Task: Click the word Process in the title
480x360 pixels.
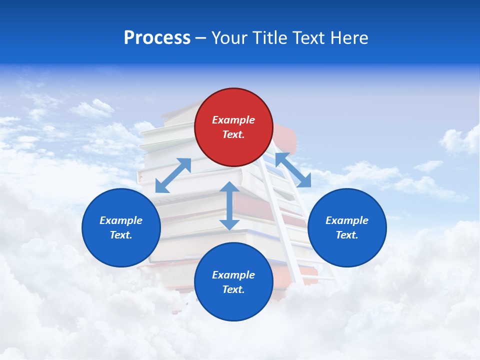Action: tap(157, 37)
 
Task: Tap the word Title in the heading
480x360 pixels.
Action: tap(268, 37)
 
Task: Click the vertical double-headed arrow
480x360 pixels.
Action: tap(229, 206)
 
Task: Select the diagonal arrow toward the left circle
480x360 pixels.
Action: tap(173, 175)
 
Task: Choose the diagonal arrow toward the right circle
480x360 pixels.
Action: tap(293, 170)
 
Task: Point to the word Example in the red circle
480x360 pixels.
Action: tap(233, 120)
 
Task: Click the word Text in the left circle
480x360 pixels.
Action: tap(121, 235)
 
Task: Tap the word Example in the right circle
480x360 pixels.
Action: tap(347, 220)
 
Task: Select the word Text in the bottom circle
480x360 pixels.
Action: tap(233, 289)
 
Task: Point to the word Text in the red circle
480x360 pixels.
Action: tap(233, 134)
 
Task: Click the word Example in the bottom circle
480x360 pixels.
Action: tap(233, 275)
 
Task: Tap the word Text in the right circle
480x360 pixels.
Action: tap(347, 235)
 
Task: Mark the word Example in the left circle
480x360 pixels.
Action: tap(121, 220)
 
